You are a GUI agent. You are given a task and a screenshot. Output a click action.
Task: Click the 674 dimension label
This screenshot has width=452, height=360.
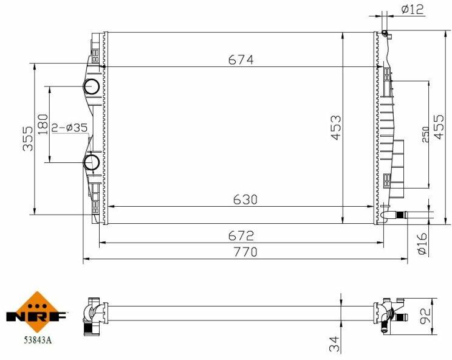point(241,60)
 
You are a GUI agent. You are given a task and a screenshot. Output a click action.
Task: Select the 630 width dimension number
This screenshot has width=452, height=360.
point(245,199)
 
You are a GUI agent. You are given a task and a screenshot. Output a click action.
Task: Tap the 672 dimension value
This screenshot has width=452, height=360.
point(241,236)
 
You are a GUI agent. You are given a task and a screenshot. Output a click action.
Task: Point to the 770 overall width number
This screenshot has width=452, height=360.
point(245,252)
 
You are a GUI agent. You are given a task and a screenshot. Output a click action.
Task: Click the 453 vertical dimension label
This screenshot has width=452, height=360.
point(336,128)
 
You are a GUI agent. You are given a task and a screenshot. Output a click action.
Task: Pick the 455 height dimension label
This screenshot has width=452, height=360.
point(439,127)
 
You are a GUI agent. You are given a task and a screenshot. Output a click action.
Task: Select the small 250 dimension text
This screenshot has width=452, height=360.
point(425,134)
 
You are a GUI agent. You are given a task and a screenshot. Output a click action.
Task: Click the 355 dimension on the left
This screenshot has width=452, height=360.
point(28,139)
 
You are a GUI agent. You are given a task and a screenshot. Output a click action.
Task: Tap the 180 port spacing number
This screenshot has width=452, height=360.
point(43,125)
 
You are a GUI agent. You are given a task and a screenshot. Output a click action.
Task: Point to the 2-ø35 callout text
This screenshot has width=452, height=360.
point(69,127)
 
